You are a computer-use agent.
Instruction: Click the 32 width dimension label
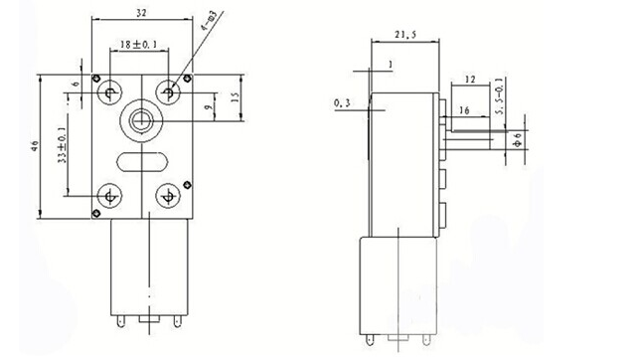(141, 13)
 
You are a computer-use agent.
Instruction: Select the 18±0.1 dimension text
(138, 44)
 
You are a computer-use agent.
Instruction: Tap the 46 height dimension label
(35, 146)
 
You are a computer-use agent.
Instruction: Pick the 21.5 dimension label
(405, 35)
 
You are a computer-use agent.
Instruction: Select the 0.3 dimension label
(342, 103)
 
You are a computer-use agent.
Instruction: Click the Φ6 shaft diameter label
(518, 139)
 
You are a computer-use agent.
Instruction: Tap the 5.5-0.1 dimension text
(500, 96)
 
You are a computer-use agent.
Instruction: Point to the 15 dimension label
(235, 96)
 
